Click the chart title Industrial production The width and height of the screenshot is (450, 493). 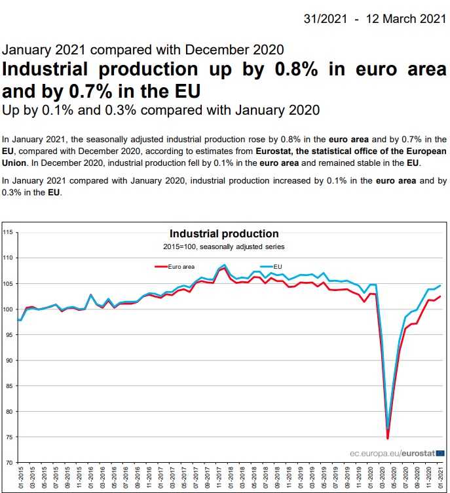coord(224,234)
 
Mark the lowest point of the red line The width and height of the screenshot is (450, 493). coord(388,439)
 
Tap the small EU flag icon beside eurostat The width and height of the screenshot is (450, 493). coord(440,452)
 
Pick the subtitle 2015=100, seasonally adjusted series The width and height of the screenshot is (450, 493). coord(224,246)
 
